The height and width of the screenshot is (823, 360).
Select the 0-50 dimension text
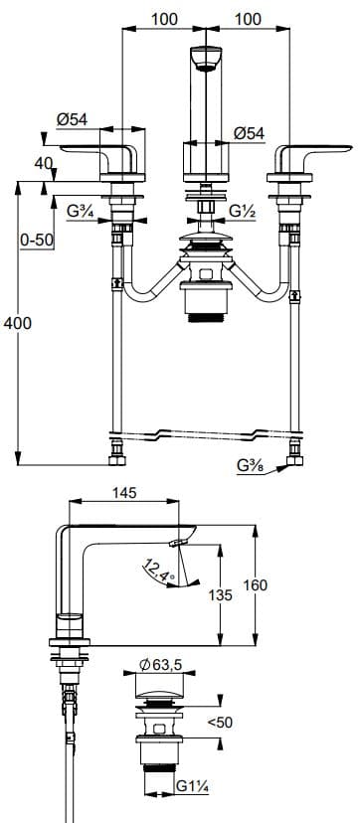click(x=37, y=240)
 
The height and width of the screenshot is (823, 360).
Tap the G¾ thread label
click(x=82, y=211)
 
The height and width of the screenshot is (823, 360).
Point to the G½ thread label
click(x=243, y=211)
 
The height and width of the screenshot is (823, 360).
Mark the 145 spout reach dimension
click(x=124, y=493)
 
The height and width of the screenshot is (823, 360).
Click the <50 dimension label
click(x=220, y=723)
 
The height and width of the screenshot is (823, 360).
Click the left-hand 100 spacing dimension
click(x=164, y=19)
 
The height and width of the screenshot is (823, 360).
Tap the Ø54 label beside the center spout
click(x=248, y=133)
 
